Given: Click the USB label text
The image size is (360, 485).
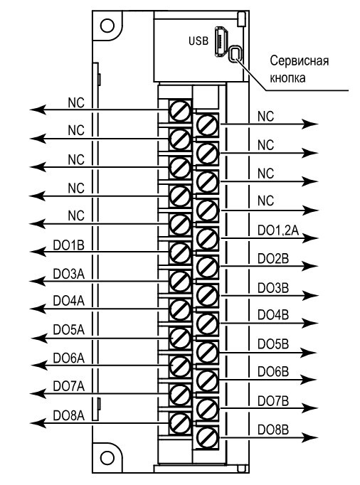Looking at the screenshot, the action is click(198, 41).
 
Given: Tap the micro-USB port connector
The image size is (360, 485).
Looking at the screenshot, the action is click(221, 41).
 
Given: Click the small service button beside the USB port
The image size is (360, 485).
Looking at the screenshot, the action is click(235, 54).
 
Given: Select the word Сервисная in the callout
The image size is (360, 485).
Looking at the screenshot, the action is click(300, 60).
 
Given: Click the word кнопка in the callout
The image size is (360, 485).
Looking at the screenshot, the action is click(288, 78).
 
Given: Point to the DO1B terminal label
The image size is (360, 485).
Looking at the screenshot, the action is click(69, 245).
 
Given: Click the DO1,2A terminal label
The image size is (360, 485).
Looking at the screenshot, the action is click(278, 230).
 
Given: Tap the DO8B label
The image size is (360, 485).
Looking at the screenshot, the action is click(273, 430).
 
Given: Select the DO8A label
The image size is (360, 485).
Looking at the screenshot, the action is click(69, 416).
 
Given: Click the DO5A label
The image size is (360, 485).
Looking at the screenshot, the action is click(69, 330).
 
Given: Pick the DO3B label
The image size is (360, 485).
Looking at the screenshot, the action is click(273, 288).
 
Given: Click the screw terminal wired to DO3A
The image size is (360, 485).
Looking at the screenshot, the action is click(180, 281).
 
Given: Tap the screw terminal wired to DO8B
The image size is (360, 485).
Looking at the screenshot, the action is click(207, 437).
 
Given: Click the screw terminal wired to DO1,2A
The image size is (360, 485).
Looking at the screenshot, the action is click(207, 238).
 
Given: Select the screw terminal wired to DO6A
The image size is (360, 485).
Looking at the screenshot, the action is click(180, 366).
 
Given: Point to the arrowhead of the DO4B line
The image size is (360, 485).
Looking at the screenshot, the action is click(310, 324).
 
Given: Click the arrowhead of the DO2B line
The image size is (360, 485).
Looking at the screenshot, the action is click(310, 266).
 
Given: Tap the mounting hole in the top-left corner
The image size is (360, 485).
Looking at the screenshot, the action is click(107, 26).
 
